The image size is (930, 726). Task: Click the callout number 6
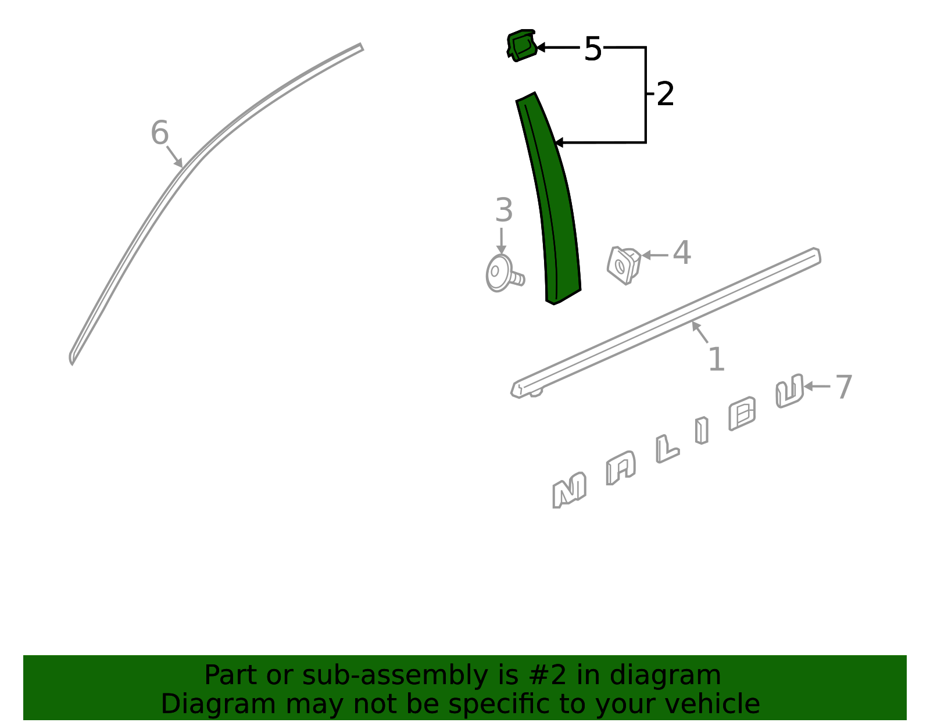point(160,133)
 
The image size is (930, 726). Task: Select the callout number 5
point(593,49)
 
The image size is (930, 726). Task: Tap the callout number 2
point(665,94)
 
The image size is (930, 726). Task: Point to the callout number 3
point(504,210)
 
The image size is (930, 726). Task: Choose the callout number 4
point(682,252)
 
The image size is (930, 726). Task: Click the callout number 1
point(717,359)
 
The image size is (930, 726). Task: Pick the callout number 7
point(843,387)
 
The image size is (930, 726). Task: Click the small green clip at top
point(522,45)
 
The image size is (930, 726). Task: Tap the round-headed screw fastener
point(503,274)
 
